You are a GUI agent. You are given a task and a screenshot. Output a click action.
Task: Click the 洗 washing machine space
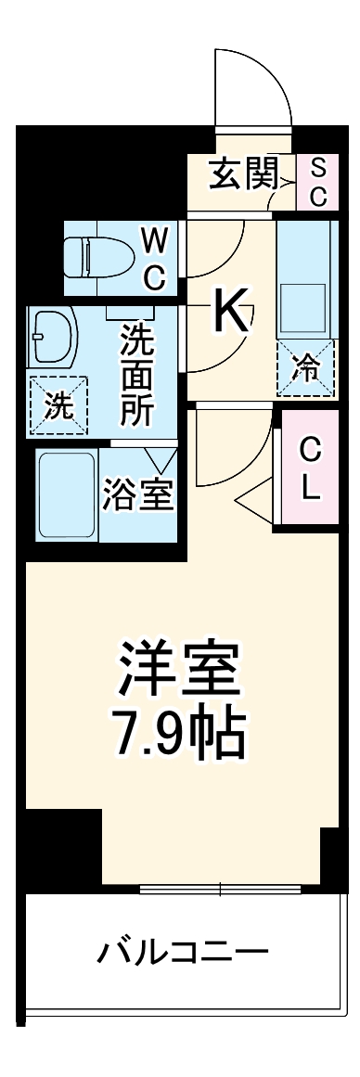[58, 405]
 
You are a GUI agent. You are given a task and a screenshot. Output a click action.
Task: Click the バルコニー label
[183, 951]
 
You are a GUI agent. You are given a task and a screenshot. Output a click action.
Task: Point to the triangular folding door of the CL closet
[257, 504]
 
